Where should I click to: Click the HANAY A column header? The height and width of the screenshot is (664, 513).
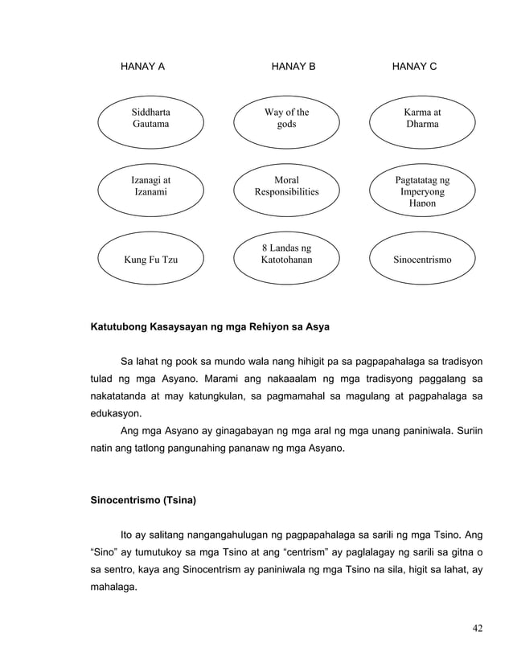[x=142, y=66]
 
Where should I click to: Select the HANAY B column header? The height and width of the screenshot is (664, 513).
[x=293, y=66]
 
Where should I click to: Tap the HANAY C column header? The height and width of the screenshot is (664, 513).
[x=414, y=66]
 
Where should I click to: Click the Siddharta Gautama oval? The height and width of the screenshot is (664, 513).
[x=150, y=119]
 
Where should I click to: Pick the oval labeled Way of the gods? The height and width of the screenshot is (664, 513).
[x=286, y=119]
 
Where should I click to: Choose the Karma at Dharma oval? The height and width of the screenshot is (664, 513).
[x=422, y=119]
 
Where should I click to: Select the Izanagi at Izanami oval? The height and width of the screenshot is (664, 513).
[x=150, y=187]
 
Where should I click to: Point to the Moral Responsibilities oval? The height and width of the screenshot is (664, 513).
[x=286, y=187]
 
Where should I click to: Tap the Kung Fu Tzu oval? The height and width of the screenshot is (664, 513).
[x=150, y=260]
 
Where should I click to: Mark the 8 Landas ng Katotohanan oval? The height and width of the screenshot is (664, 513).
[x=286, y=255]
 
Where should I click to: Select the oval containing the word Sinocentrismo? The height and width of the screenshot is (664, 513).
[x=422, y=260]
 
